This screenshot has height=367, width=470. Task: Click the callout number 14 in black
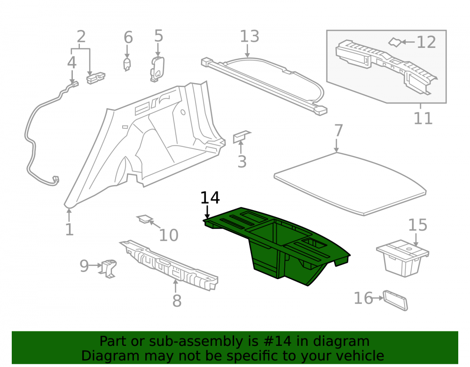(210, 198)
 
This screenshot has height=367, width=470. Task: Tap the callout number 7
(338, 131)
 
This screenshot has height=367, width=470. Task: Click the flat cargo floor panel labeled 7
(350, 184)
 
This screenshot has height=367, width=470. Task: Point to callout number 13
(250, 36)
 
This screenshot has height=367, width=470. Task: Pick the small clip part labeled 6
(127, 64)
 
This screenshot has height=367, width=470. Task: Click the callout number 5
(158, 36)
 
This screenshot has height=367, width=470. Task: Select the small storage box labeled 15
(403, 258)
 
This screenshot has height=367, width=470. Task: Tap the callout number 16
(363, 298)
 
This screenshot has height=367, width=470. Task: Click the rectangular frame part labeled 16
(396, 300)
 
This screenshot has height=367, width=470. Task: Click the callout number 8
(177, 300)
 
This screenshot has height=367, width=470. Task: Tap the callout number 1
(69, 229)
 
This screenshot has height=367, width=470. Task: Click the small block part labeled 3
(242, 136)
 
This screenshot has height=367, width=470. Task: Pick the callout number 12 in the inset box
(426, 42)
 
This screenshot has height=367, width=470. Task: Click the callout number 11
(423, 118)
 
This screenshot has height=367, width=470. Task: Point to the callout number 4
(71, 62)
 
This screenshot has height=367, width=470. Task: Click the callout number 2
(81, 37)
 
